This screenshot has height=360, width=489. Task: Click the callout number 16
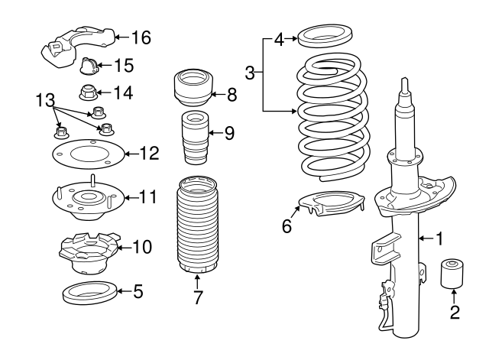point(141,37)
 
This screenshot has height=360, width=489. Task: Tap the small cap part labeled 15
point(89,66)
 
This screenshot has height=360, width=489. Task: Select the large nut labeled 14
point(88,92)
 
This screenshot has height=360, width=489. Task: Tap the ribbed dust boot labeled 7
point(197,226)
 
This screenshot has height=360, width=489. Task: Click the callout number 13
point(46,100)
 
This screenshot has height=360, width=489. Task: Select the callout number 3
point(250,73)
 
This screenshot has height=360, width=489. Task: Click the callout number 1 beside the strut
point(439,238)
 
